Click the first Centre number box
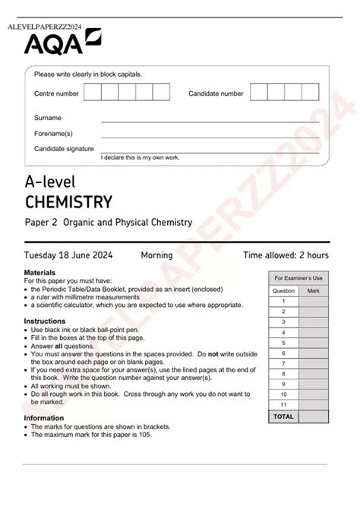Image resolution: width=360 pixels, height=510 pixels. pos(92,93)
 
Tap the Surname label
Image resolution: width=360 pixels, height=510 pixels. pos(48,118)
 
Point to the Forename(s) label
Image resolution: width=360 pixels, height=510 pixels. pos(52,133)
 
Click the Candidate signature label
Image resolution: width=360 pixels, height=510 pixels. pos(64,149)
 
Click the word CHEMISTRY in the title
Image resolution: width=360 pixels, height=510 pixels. pos(68,201)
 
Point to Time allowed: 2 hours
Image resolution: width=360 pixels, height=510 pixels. pos(286,255)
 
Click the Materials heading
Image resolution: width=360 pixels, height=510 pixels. pos(39,271)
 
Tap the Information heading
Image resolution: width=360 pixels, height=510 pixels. pos(44,418)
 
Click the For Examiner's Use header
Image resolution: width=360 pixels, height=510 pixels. pos(298,278)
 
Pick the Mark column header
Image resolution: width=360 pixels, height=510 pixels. pos(313,291)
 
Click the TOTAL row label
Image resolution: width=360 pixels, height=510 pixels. pos(283,417)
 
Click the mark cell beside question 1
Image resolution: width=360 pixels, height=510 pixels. pos(313,301)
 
